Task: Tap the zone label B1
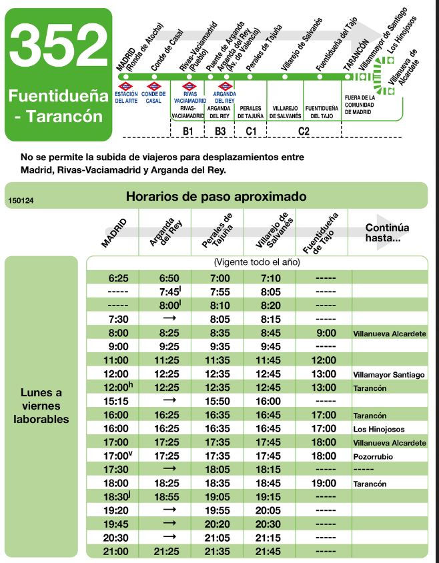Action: (x=187, y=131)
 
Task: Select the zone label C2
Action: (x=304, y=131)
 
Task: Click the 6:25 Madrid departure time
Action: (x=113, y=277)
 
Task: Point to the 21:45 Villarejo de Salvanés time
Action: (x=270, y=551)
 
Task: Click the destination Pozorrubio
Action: (x=374, y=458)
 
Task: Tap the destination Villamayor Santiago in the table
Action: (x=389, y=375)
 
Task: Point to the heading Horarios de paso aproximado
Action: (x=216, y=197)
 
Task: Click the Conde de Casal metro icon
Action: (x=154, y=87)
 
